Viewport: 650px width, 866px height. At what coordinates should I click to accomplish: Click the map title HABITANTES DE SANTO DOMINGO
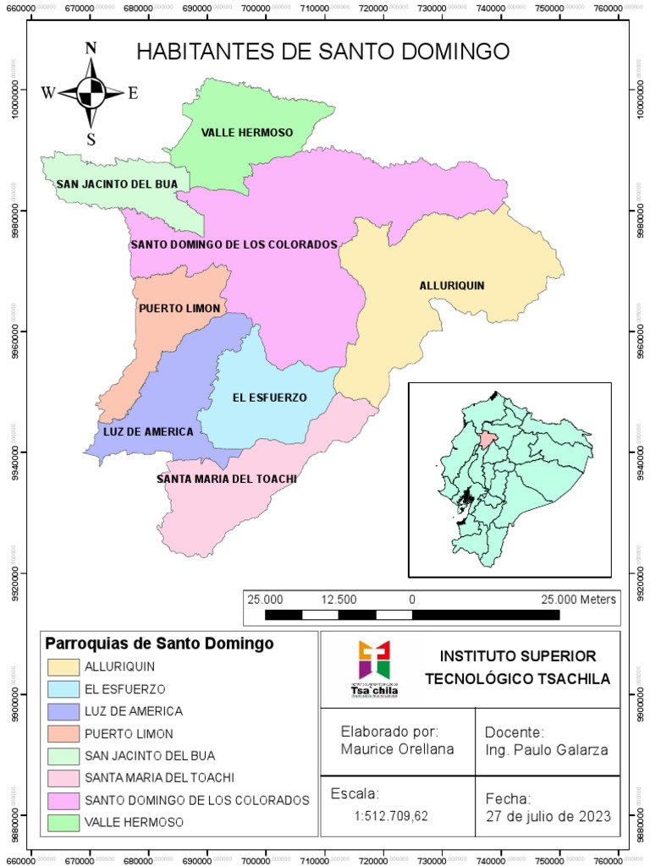click(323, 52)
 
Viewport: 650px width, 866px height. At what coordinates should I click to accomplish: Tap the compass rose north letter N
click(91, 48)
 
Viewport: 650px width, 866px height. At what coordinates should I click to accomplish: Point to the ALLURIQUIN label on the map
click(452, 285)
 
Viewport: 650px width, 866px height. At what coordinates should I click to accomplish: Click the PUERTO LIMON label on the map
click(179, 308)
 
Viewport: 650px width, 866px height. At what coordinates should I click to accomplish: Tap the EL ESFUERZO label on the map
click(269, 397)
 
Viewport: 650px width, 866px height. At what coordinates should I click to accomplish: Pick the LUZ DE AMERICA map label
click(148, 431)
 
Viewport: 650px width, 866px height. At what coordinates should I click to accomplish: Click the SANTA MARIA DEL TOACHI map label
click(227, 479)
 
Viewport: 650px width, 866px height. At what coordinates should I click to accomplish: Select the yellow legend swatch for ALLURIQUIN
click(63, 667)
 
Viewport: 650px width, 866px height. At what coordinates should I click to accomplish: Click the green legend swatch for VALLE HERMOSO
click(63, 821)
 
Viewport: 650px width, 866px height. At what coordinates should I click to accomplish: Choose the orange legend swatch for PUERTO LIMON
click(63, 733)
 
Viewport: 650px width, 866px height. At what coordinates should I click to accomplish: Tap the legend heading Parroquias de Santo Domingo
click(159, 644)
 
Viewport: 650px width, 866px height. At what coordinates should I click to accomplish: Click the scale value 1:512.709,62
click(391, 817)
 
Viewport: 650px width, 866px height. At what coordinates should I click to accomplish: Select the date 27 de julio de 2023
click(548, 817)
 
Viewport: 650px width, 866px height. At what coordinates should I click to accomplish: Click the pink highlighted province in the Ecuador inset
click(486, 438)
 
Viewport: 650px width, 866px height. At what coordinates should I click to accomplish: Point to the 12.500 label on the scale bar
click(339, 599)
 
